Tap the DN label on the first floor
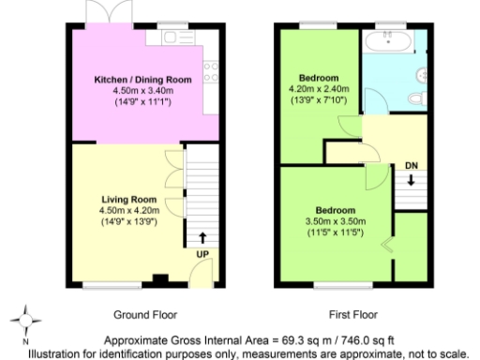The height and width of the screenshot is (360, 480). (410, 167)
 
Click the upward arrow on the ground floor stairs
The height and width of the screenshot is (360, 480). (203, 238)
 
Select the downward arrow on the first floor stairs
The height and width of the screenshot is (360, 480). (410, 181)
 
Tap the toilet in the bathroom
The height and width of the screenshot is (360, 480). (419, 96)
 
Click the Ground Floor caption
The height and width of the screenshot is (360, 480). (145, 315)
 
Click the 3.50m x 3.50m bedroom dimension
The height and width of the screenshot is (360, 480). (335, 220)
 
